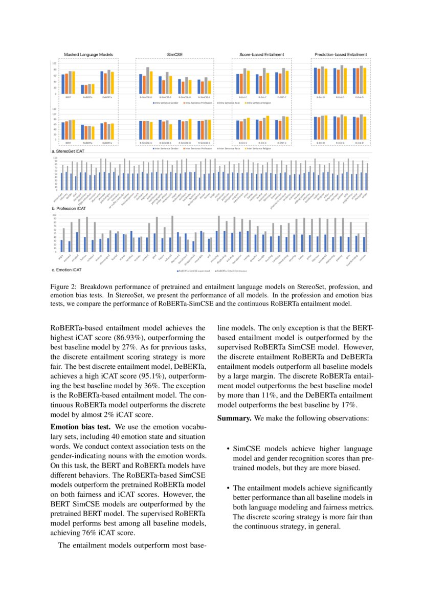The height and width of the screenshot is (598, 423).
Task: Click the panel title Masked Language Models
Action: tap(88, 54)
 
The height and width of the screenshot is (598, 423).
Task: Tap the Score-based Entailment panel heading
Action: tap(262, 54)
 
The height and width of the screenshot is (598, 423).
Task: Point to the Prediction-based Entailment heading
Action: tap(340, 54)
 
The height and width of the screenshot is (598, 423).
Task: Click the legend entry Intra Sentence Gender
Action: tap(169, 103)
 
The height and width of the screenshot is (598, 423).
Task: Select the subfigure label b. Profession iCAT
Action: tap(69, 209)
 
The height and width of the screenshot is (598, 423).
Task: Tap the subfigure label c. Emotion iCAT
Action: tap(68, 270)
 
